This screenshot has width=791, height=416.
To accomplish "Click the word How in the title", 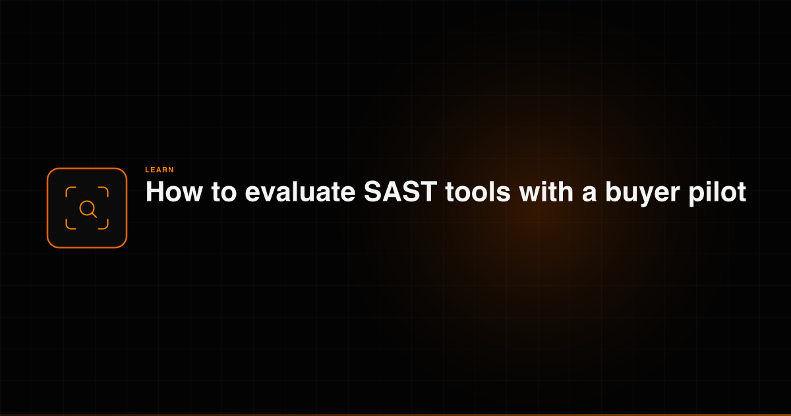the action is click(x=174, y=191).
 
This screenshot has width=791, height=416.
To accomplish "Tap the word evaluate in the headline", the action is click(x=300, y=191).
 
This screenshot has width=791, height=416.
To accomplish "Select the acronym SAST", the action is click(x=401, y=191).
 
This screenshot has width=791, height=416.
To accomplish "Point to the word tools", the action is click(x=478, y=191).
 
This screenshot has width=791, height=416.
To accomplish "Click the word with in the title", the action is click(x=546, y=191).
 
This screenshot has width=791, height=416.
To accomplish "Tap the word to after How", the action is click(x=224, y=192).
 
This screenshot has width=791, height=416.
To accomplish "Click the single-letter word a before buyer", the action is click(x=589, y=195).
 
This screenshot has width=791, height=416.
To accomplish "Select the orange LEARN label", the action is click(x=160, y=170).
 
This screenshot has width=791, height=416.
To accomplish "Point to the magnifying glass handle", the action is click(x=94, y=215).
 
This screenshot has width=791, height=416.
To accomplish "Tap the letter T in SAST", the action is click(x=428, y=191).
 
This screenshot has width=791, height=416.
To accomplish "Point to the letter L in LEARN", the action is click(x=147, y=170).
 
